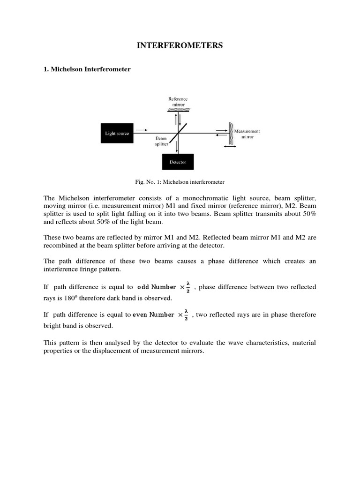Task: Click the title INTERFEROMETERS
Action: pos(180,45)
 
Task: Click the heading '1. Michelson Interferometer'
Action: pos(87,69)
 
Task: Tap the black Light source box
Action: pos(117,133)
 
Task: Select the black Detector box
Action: pos(177,162)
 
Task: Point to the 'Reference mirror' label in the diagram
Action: pos(178,101)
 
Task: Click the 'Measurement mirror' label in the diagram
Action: pos(247,134)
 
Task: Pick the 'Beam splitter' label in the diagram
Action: pos(161,142)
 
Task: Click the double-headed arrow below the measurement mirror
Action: pos(230,147)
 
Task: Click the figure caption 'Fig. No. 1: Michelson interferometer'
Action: pos(180,181)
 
